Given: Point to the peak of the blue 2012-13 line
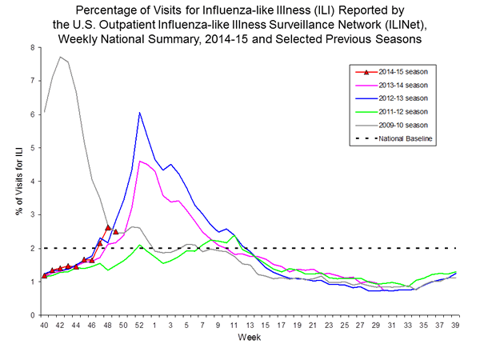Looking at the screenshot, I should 139,113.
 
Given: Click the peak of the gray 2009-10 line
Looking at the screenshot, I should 60,57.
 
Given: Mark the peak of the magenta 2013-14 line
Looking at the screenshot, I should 139,161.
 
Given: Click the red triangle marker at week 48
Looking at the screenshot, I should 108,227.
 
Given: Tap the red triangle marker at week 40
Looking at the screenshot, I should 44,275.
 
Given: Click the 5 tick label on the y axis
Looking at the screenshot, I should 32,148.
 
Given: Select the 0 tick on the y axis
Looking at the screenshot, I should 32,315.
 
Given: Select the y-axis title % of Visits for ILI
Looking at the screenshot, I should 14,182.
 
